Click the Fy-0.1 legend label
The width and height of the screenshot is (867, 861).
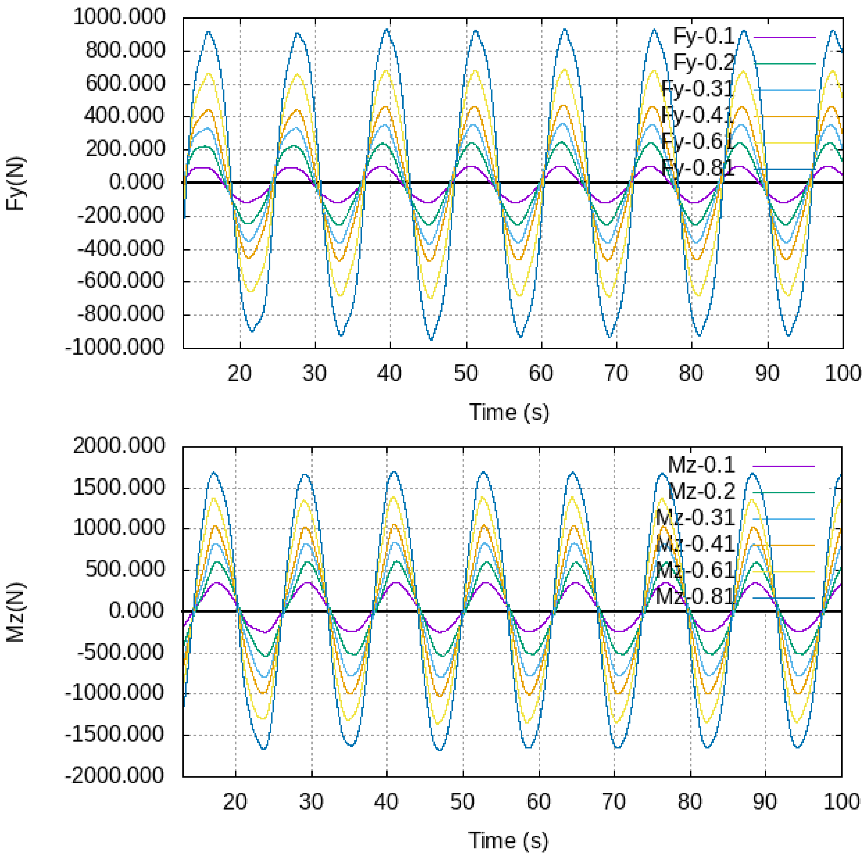pyautogui.click(x=703, y=36)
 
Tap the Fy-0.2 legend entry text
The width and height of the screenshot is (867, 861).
pyautogui.click(x=703, y=63)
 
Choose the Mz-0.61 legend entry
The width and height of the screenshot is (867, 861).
pyautogui.click(x=695, y=571)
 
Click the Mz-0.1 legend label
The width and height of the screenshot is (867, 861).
pyautogui.click(x=701, y=465)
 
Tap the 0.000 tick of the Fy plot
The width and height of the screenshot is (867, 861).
pyautogui.click(x=136, y=182)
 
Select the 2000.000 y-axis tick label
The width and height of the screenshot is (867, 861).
pyautogui.click(x=119, y=446)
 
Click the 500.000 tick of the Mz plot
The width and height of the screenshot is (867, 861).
pyautogui.click(x=125, y=569)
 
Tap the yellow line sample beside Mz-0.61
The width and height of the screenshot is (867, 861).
pyautogui.click(x=783, y=572)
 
